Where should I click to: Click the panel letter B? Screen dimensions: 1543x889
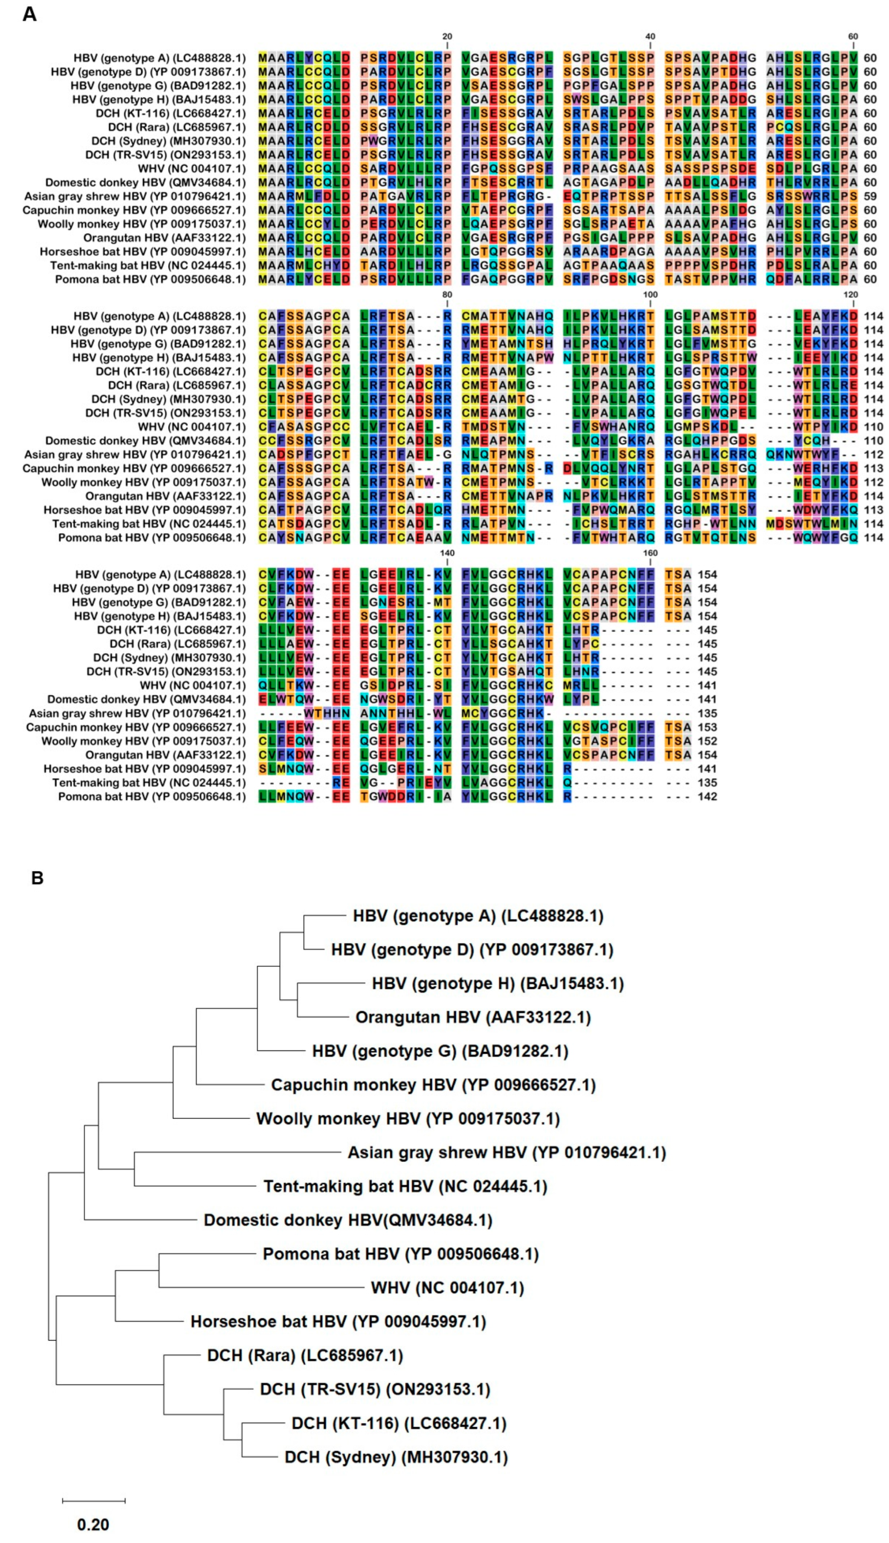pyautogui.click(x=37, y=878)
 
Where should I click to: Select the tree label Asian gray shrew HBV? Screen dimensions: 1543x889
pyautogui.click(x=506, y=1152)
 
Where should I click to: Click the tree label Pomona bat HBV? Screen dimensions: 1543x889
pyautogui.click(x=401, y=1253)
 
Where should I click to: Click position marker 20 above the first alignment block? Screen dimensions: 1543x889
pyautogui.click(x=447, y=37)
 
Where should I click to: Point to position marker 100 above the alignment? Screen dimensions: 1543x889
pyautogui.click(x=650, y=295)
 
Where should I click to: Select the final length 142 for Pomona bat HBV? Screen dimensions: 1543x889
pyautogui.click(x=707, y=796)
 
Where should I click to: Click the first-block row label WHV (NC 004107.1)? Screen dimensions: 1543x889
pyautogui.click(x=191, y=169)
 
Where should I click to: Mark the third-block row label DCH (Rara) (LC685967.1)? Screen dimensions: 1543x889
pyautogui.click(x=177, y=644)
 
